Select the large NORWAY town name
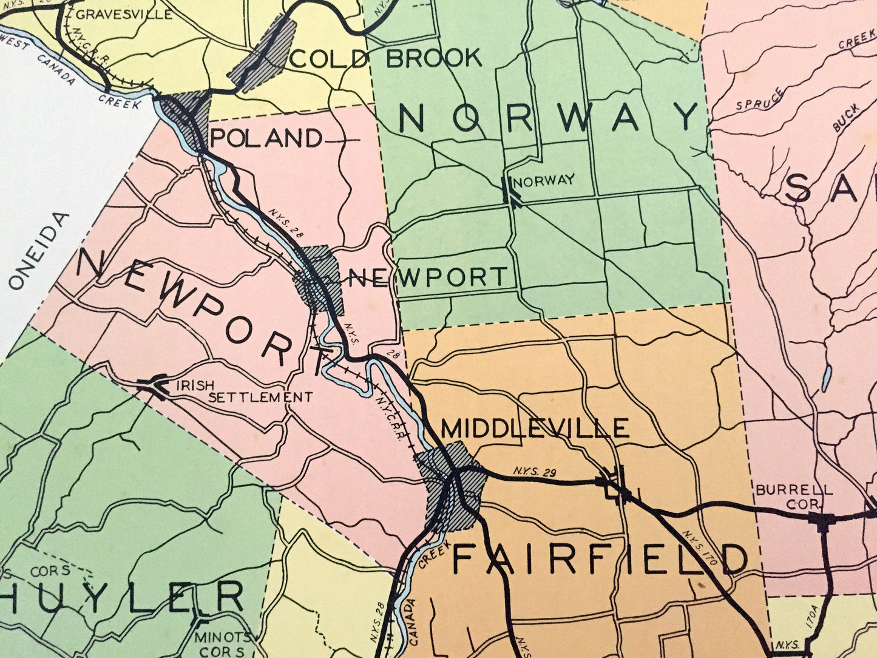pos(550,117)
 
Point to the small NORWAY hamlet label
pos(544,180)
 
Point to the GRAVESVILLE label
pos(124,13)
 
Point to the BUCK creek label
pos(846,117)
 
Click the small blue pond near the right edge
pos(826,379)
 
